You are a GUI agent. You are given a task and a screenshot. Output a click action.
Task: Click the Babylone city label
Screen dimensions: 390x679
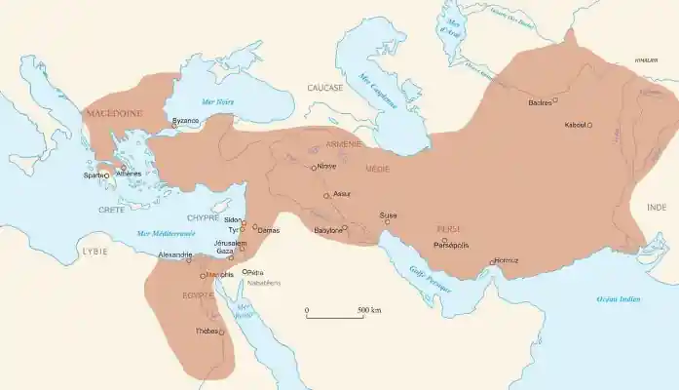click(326, 230)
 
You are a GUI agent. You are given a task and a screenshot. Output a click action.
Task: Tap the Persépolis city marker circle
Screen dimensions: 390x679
click(445, 240)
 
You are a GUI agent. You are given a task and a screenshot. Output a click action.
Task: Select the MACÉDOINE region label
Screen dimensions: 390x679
click(115, 113)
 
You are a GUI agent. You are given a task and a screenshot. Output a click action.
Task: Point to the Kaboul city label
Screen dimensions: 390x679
click(575, 125)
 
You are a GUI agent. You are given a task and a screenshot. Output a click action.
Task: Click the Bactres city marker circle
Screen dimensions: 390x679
click(555, 100)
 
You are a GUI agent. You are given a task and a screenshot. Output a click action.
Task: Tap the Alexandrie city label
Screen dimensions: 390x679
click(175, 254)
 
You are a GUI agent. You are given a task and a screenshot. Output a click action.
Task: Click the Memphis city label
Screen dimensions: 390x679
click(221, 275)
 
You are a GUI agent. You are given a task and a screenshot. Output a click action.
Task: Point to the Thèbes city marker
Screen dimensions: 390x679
click(221, 332)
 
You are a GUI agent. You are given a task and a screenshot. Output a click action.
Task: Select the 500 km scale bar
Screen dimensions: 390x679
click(335, 316)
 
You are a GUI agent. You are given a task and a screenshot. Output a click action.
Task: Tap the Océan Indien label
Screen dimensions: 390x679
click(619, 299)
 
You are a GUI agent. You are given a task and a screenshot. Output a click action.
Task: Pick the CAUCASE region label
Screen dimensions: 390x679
click(325, 88)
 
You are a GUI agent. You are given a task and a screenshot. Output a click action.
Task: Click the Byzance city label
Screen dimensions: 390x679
click(185, 120)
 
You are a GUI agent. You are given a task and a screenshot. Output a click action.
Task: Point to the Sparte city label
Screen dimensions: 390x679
click(94, 175)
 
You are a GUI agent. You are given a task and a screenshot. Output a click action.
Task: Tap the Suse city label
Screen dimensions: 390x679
click(388, 214)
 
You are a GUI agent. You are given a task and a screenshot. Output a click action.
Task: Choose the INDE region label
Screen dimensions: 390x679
click(658, 208)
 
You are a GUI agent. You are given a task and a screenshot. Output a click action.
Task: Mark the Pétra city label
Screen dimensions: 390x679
click(255, 272)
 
